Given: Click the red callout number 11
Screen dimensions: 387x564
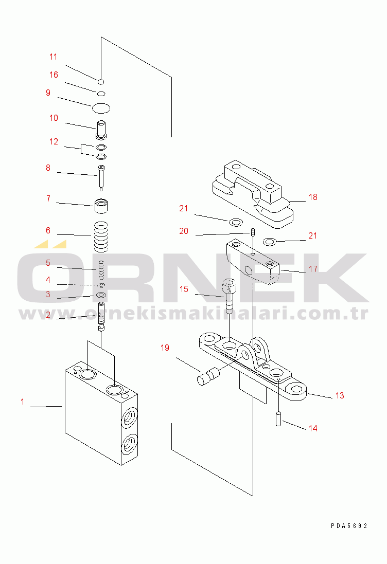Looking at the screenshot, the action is tap(54, 57).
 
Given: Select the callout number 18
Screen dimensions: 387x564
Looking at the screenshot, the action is tap(313, 197).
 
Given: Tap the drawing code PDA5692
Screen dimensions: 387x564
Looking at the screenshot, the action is tap(349, 526).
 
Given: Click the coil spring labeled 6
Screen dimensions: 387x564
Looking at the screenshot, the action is tap(101, 237).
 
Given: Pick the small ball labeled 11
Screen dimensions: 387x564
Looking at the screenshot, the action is tap(101, 82).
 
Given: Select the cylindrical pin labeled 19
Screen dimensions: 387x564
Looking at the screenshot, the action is tap(208, 376).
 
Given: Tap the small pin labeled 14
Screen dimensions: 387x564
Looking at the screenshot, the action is tap(278, 419).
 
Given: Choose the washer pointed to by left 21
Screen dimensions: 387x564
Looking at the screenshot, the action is tap(236, 222).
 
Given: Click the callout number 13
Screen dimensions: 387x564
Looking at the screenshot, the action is tap(340, 396).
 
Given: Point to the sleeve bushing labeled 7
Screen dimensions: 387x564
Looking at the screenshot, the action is tap(101, 206).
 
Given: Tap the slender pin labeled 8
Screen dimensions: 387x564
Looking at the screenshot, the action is tap(101, 178).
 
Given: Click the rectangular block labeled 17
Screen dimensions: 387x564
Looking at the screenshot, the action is tap(253, 262).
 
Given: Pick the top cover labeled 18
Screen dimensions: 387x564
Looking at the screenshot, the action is tap(253, 194).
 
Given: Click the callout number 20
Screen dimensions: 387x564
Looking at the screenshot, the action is tap(184, 231).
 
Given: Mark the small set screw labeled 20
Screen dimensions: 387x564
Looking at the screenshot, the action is tap(253, 232).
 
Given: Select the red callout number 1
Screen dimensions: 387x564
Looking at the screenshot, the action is tap(22, 402).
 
